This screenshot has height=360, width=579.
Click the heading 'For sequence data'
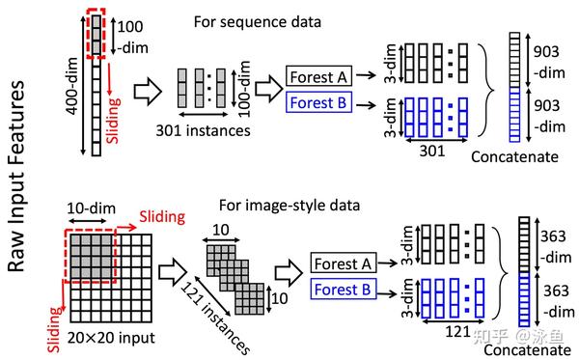pyautogui.click(x=258, y=22)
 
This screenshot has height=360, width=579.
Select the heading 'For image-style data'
pyautogui.click(x=289, y=206)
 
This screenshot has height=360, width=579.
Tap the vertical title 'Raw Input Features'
pyautogui.click(x=16, y=177)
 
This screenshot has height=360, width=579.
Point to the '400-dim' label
pyautogui.click(x=72, y=86)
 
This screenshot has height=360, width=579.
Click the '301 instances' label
pyautogui.click(x=203, y=130)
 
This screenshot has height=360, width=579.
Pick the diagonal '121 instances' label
pyautogui.click(x=215, y=318)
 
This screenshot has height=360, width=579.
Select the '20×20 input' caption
pyautogui.click(x=111, y=338)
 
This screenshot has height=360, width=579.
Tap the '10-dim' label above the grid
pyautogui.click(x=91, y=208)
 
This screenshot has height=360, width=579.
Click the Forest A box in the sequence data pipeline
pyautogui.click(x=318, y=76)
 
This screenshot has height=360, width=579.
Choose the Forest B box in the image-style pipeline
pyautogui.click(x=343, y=289)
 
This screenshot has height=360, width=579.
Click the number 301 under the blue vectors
pyautogui.click(x=432, y=151)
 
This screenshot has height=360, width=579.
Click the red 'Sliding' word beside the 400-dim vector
pyautogui.click(x=113, y=120)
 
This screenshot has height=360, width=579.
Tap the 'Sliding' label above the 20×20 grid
pyautogui.click(x=162, y=217)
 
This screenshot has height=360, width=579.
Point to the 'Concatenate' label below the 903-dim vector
pyautogui.click(x=514, y=157)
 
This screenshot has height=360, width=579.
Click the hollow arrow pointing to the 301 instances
pyautogui.click(x=148, y=91)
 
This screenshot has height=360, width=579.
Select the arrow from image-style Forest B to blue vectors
pyautogui.click(x=387, y=294)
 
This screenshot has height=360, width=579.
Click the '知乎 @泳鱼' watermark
pyautogui.click(x=518, y=336)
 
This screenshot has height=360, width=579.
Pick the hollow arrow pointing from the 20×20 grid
pyautogui.click(x=173, y=272)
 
